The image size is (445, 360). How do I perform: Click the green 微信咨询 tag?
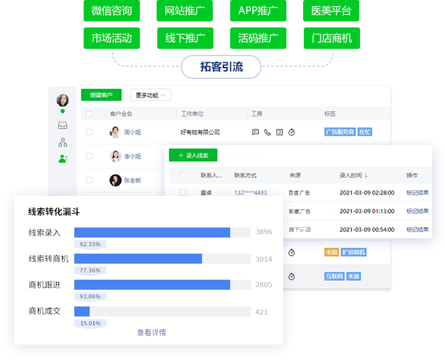pos(112,11)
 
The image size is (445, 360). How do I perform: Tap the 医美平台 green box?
pos(331,11)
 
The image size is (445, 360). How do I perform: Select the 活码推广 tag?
pos(258,38)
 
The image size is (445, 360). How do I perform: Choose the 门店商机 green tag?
pos(331,38)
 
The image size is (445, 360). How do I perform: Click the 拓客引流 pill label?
pos(221,66)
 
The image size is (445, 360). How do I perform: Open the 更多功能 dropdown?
pos(150,95)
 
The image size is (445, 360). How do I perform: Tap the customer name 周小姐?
pos(132,132)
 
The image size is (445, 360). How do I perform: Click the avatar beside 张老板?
pos(116,180)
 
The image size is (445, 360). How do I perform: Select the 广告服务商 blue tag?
pos(339,132)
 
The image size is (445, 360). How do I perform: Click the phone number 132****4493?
pos(250,193)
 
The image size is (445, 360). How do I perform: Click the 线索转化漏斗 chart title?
pos(54,211)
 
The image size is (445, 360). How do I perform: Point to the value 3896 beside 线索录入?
pos(264,232)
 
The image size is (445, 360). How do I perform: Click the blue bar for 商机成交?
pos(82,311)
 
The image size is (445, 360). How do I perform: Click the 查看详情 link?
pos(151,333)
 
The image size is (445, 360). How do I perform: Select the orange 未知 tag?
pos(331,252)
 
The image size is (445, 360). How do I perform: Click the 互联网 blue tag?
pos(334,276)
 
